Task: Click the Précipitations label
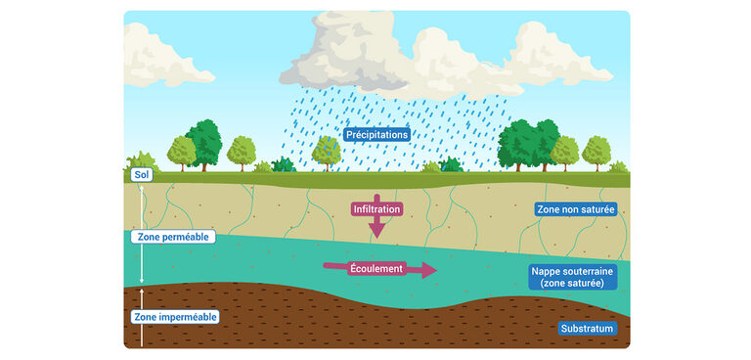[x=376, y=134]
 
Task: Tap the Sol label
[x=142, y=176]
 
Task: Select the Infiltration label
[x=376, y=209]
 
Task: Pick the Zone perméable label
[x=171, y=237]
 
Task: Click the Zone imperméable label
[x=174, y=317]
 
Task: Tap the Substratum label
[x=588, y=329]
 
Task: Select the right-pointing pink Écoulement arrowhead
[x=427, y=269]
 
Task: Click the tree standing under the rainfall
[x=326, y=151]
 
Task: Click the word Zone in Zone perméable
[x=149, y=237]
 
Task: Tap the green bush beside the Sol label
[x=142, y=159]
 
